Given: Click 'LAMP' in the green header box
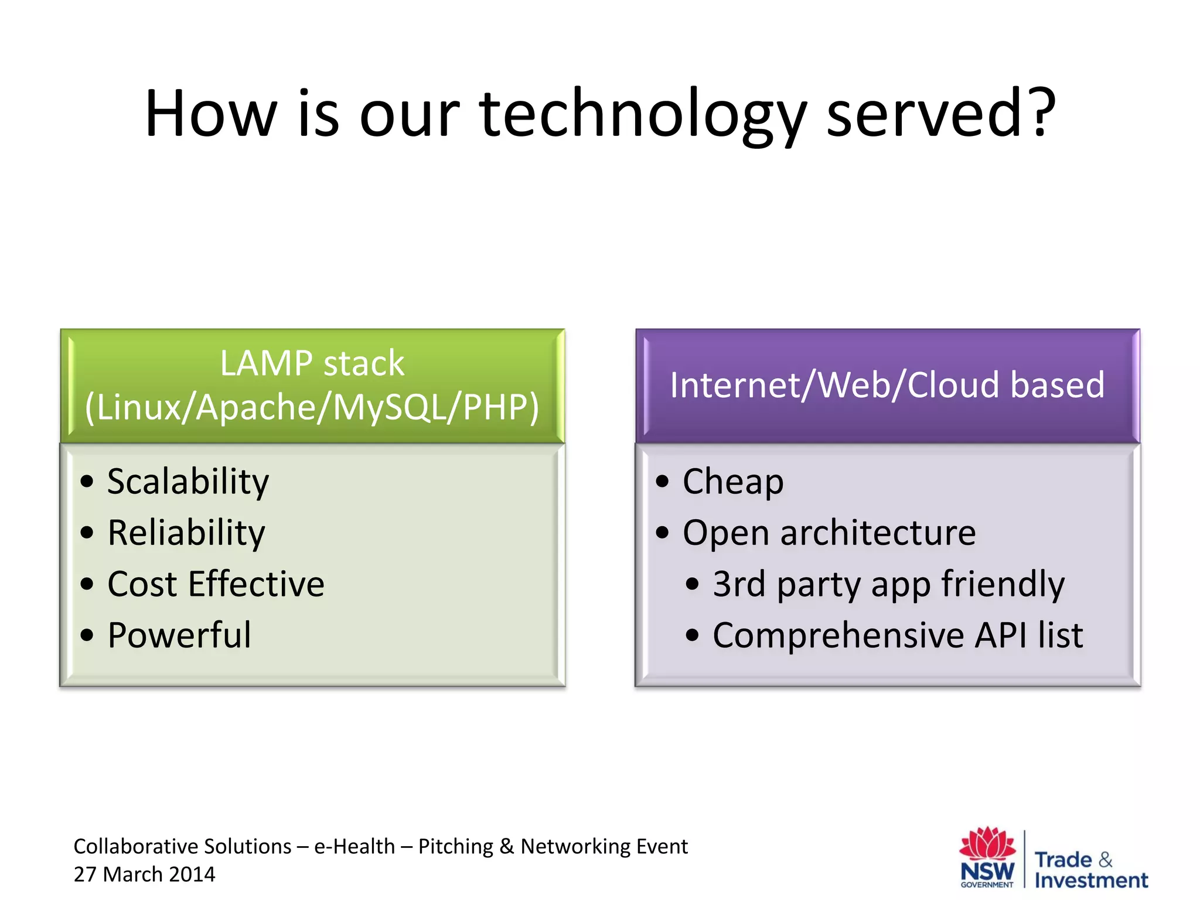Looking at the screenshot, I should (x=267, y=363).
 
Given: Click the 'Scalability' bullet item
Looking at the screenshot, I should (x=187, y=482).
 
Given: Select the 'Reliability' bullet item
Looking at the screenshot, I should (x=186, y=533).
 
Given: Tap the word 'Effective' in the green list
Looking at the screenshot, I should (x=256, y=584).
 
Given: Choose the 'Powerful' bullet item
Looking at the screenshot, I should (x=179, y=635).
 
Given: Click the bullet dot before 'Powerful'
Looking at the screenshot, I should (x=87, y=635).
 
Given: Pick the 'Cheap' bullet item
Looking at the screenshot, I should (x=732, y=482).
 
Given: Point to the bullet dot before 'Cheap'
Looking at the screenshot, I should (x=663, y=482).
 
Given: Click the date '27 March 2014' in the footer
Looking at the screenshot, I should (x=144, y=874).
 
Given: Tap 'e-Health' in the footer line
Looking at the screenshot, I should (x=354, y=847).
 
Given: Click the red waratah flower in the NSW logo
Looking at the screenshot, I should (x=987, y=844).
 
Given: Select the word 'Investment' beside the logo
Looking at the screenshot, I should (x=1091, y=881).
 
